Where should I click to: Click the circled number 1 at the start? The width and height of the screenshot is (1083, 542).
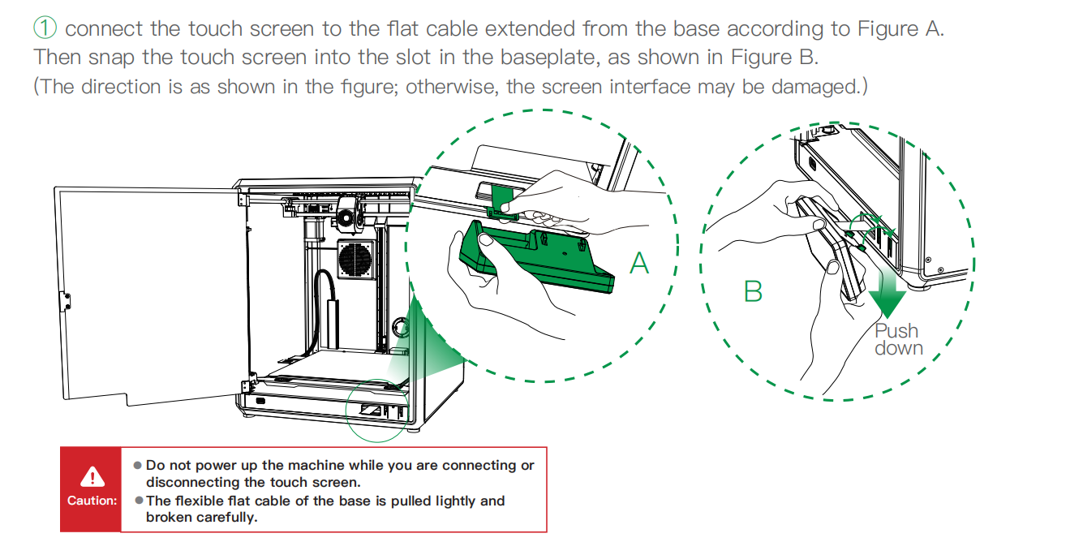tap(45, 28)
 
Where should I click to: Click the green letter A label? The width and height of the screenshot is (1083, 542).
tap(640, 263)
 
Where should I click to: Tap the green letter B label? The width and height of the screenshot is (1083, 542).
tap(753, 290)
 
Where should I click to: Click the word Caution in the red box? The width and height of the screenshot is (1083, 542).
tap(92, 501)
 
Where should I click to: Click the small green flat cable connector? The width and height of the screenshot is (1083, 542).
tap(502, 200)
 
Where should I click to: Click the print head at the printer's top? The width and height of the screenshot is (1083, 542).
tap(347, 213)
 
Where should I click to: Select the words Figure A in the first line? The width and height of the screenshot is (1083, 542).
tap(900, 28)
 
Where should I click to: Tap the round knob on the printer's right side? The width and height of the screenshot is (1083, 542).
tap(399, 326)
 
